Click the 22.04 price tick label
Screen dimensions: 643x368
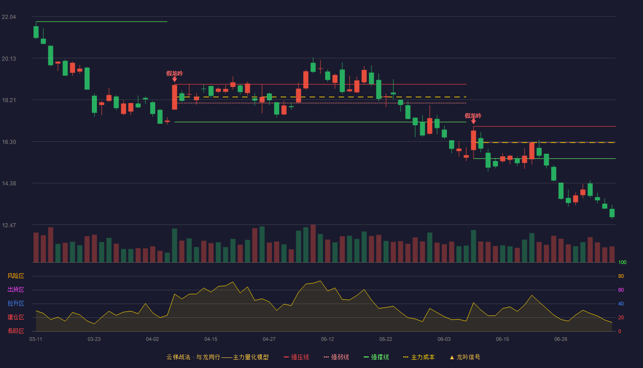point(9,17)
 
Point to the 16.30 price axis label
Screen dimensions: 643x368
point(9,142)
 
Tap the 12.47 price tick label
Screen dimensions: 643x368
point(9,225)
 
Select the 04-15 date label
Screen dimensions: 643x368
point(211,339)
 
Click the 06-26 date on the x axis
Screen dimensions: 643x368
point(561,339)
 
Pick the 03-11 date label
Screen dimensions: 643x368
point(36,339)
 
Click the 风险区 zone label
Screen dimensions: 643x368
point(16,276)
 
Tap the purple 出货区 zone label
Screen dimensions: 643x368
point(16,289)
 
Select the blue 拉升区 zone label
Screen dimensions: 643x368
point(16,303)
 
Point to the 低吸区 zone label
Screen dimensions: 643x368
point(16,331)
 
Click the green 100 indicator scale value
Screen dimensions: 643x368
point(622,262)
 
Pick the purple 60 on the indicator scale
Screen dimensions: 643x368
point(621,290)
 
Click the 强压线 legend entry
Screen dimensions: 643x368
point(296,357)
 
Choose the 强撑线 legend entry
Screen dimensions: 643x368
point(376,357)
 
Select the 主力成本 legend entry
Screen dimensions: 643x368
point(419,357)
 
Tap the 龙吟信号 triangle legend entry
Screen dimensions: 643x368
point(465,357)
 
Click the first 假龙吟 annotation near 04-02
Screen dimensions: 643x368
point(175,73)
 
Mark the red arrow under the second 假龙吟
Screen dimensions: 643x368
point(474,121)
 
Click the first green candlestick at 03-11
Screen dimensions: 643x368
point(36,32)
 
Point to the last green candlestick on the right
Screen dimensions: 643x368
point(612,213)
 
